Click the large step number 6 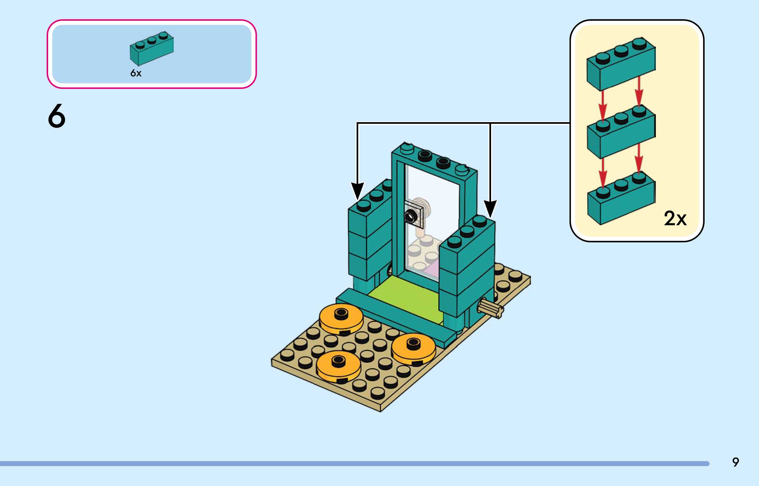[x=57, y=116]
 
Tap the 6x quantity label [x=136, y=73]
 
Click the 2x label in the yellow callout [x=675, y=218]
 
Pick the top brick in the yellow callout [x=621, y=64]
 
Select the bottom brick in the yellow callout [x=621, y=199]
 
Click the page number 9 [x=736, y=462]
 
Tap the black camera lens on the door [x=410, y=216]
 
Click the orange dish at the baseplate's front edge [x=338, y=365]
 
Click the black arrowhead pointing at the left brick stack [x=357, y=191]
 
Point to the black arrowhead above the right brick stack [x=490, y=208]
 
